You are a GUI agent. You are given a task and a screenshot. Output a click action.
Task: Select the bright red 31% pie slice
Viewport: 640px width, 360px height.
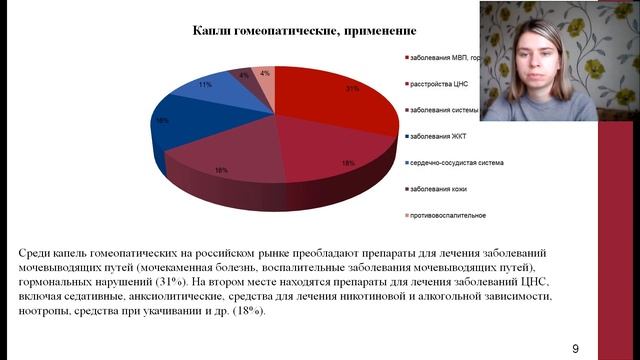click(330, 104)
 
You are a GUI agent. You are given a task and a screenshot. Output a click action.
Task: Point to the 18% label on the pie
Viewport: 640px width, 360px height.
click(347, 162)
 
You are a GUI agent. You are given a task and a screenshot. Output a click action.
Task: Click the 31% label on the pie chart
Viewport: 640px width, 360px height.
click(352, 89)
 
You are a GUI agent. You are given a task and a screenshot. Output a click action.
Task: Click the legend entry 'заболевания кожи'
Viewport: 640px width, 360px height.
click(439, 188)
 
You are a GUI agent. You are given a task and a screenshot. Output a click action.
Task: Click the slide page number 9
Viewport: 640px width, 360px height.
click(576, 348)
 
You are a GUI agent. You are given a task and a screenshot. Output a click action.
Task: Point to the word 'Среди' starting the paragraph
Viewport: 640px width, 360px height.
click(37, 254)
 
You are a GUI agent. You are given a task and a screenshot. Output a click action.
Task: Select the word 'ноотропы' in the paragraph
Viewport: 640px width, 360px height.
click(48, 310)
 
